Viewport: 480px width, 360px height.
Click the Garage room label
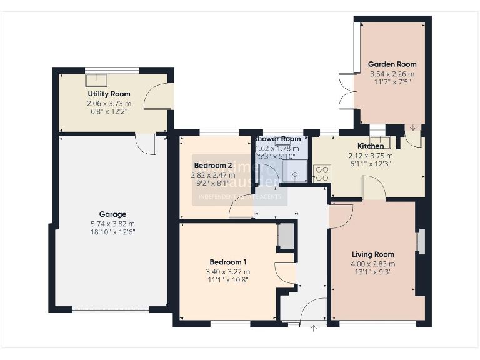pyautogui.click(x=112, y=214)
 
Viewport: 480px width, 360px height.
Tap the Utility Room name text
pyautogui.click(x=109, y=94)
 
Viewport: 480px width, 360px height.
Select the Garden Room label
pyautogui.click(x=392, y=64)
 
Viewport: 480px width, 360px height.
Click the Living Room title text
pyautogui.click(x=373, y=254)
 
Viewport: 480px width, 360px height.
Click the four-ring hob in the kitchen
pyautogui.click(x=322, y=173)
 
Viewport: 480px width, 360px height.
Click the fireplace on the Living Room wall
pyautogui.click(x=421, y=242)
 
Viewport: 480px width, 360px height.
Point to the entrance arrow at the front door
pyautogui.click(x=312, y=327)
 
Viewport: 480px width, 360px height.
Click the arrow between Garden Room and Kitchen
pyautogui.click(x=412, y=129)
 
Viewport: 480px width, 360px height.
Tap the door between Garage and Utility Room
pyautogui.click(x=147, y=144)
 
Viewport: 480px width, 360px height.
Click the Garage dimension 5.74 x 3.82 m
pyautogui.click(x=112, y=224)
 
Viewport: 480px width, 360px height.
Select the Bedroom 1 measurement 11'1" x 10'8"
pyautogui.click(x=228, y=280)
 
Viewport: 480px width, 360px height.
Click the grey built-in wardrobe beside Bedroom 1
pyautogui.click(x=285, y=236)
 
